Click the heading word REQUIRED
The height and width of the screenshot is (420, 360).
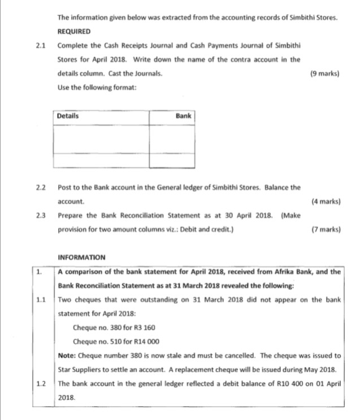(x=74, y=32)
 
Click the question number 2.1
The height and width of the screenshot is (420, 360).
(x=41, y=45)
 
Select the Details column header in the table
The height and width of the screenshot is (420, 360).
(x=68, y=116)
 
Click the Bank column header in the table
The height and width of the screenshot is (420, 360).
(x=183, y=116)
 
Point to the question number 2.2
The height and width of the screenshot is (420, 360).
(x=41, y=187)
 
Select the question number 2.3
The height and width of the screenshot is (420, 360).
(x=41, y=215)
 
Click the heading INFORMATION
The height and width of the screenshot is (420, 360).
(x=81, y=258)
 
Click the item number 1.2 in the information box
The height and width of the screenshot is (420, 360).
(x=41, y=384)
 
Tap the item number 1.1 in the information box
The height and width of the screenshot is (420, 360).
(x=41, y=300)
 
